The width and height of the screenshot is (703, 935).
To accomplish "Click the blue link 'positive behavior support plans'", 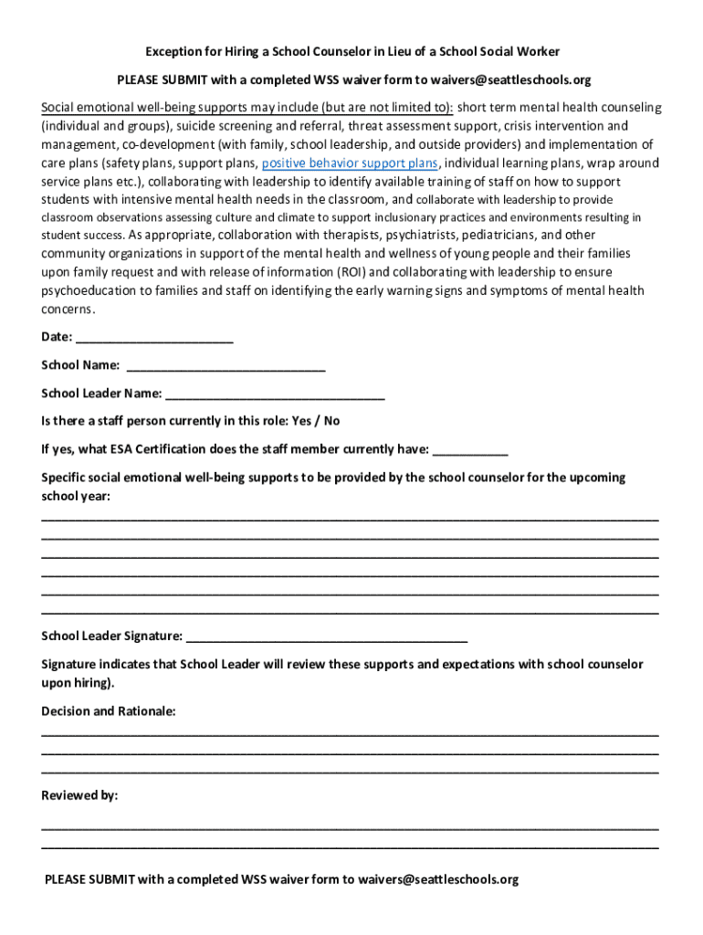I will pyautogui.click(x=350, y=163).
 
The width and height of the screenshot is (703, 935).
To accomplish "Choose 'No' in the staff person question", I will pyautogui.click(x=331, y=421).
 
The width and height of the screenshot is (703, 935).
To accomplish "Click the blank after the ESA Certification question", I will pyautogui.click(x=469, y=450).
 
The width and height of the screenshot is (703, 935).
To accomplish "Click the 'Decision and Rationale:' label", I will pyautogui.click(x=109, y=710).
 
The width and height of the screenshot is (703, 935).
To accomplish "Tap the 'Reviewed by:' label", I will pyautogui.click(x=79, y=795).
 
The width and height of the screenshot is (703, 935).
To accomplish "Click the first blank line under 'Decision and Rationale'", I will pyautogui.click(x=350, y=735).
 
